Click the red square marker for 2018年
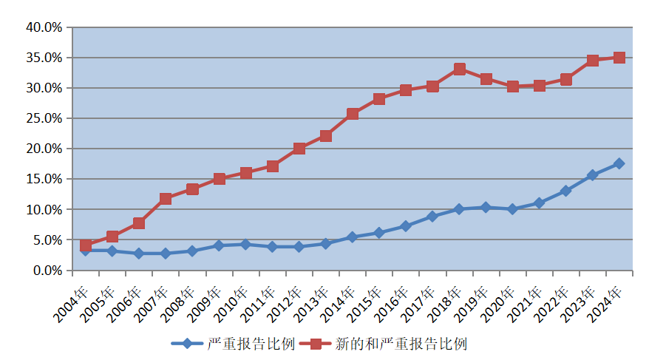[459, 69]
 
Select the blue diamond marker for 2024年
[619, 163]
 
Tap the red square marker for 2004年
[86, 245]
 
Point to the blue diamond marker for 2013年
[326, 243]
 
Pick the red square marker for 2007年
[166, 199]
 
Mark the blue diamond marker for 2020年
[512, 209]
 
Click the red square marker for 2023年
[593, 61]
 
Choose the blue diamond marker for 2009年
[219, 245]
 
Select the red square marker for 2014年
[353, 114]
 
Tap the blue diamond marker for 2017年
[432, 217]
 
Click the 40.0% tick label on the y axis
[44, 27]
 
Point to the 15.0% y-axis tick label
[44, 179]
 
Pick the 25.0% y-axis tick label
[44, 118]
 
